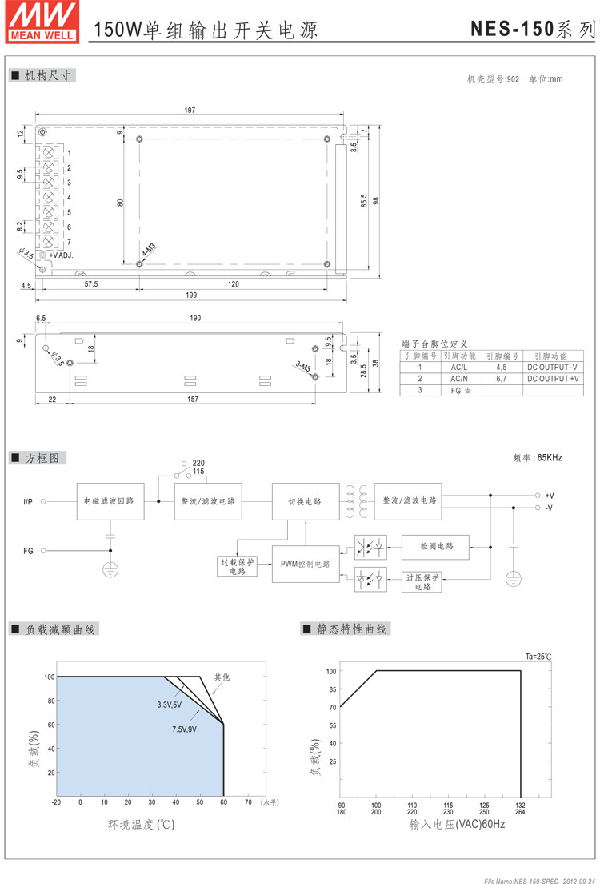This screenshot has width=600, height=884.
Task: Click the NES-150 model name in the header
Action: pos(511,30)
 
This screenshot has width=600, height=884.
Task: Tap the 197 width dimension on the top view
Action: pos(190,110)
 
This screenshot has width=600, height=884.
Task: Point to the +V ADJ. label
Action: pos(61,255)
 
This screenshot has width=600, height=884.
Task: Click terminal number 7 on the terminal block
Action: pos(70,241)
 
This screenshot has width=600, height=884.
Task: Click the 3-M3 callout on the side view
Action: pos(304,367)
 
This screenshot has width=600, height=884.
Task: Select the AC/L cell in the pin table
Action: pos(459,367)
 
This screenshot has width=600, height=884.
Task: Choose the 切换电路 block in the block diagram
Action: pos(305,501)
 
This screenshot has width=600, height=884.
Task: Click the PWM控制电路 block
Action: pos(305,564)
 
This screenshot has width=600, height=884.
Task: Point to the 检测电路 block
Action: pos(436,546)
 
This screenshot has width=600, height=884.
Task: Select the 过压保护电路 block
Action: pos(422,581)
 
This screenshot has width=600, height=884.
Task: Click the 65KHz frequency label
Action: pos(538,458)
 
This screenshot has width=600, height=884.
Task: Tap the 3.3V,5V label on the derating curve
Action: pos(169,705)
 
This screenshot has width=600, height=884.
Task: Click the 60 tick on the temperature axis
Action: pos(223,802)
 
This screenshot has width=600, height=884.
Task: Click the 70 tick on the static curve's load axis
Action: pos(331,708)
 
